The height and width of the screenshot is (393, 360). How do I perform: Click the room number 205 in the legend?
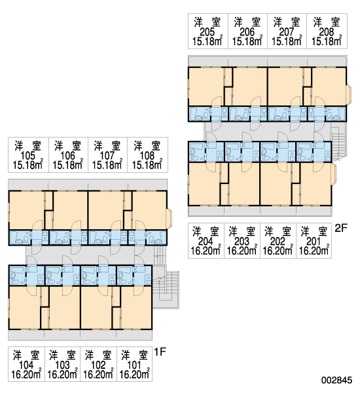[x=207, y=32]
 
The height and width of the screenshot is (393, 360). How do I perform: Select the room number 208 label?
[x=327, y=32]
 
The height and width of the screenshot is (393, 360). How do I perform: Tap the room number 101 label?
[x=134, y=365]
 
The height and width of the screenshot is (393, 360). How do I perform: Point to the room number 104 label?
[x=26, y=365]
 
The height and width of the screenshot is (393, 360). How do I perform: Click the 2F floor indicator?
[x=341, y=228]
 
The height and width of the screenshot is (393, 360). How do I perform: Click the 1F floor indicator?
[x=160, y=352]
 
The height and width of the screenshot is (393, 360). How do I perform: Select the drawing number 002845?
[x=336, y=380]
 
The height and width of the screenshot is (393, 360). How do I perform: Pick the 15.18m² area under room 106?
[x=68, y=164]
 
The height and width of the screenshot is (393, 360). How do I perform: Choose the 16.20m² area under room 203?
[x=242, y=250]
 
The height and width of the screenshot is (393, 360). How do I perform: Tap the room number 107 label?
[x=107, y=156]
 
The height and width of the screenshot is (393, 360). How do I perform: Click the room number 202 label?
[x=278, y=241]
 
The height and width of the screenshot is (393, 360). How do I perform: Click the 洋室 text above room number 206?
[x=247, y=22]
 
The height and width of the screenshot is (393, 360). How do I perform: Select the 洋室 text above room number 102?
[x=98, y=356]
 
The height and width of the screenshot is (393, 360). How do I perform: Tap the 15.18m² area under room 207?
[x=287, y=41]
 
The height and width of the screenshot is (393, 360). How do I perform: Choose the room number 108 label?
[x=147, y=156]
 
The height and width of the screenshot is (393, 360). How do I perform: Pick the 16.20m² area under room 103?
[x=62, y=374]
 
